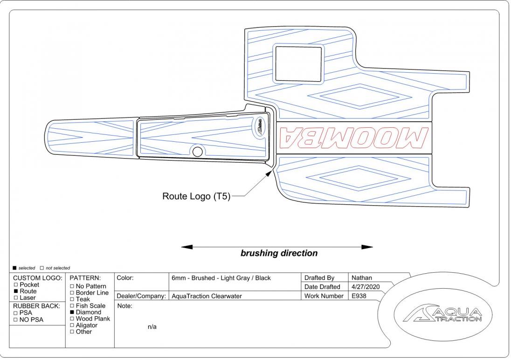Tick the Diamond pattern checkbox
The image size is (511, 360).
[72, 312]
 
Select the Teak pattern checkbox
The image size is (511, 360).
[72, 299]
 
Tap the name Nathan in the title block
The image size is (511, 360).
[361, 278]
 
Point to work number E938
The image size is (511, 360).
[360, 296]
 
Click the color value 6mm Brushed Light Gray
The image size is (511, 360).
[221, 278]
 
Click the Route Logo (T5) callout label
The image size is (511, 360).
[196, 196]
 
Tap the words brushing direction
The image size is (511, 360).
[279, 254]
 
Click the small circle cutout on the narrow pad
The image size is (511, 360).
[197, 152]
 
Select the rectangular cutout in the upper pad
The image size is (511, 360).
[299, 63]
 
